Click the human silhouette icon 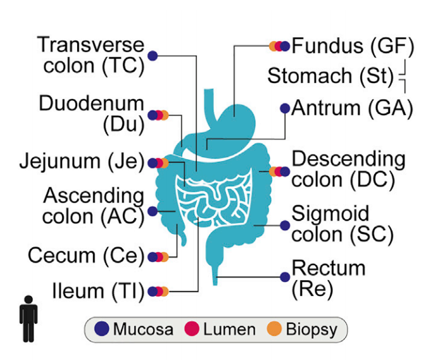pos(28,319)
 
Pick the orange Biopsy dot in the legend pos(275,330)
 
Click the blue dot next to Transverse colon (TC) pos(153,56)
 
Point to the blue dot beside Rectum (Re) pos(285,276)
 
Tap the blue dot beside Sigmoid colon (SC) pos(285,225)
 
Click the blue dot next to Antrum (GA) pos(285,108)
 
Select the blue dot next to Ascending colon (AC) pos(153,210)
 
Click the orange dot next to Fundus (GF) pos(273,46)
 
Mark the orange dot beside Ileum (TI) pos(164,292)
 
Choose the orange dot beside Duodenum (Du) pos(164,115)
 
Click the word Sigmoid pos(330,214)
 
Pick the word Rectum pos(329,267)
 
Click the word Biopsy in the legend pos(311,330)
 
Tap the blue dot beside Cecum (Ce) pos(153,257)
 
